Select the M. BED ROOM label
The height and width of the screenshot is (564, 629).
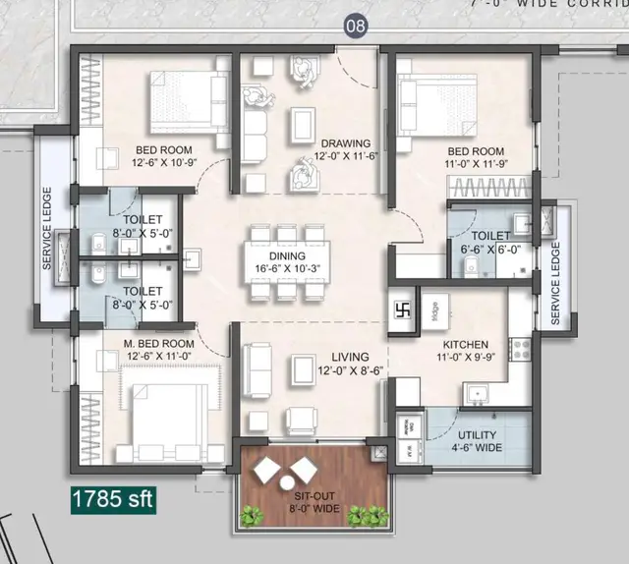coord(160,343)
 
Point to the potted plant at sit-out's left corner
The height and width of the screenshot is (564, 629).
coord(252,514)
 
